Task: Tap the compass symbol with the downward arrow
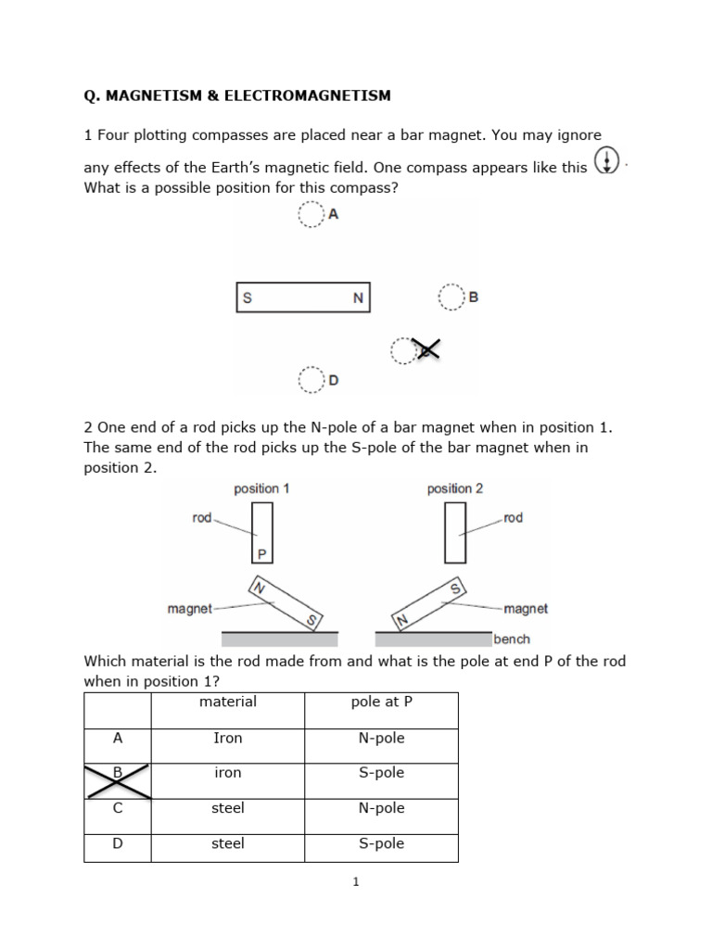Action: click(x=605, y=161)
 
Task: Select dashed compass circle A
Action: click(x=309, y=216)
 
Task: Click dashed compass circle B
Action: click(x=450, y=297)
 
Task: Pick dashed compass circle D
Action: click(x=310, y=379)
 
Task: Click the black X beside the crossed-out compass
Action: click(x=426, y=348)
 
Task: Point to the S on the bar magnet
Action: click(x=248, y=298)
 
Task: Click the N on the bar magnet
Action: click(x=358, y=298)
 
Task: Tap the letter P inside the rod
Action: click(x=262, y=554)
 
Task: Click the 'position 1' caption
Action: click(x=262, y=488)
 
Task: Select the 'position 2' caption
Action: click(x=454, y=488)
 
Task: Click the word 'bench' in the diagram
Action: click(x=512, y=639)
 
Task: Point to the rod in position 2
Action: click(x=454, y=532)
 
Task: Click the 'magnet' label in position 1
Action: click(x=189, y=609)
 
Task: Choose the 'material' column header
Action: click(x=228, y=702)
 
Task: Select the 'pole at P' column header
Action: click(x=381, y=702)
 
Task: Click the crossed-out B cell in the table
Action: click(x=118, y=780)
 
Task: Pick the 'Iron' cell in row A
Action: click(x=228, y=738)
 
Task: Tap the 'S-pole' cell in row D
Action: click(x=381, y=843)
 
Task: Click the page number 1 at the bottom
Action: click(x=355, y=882)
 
